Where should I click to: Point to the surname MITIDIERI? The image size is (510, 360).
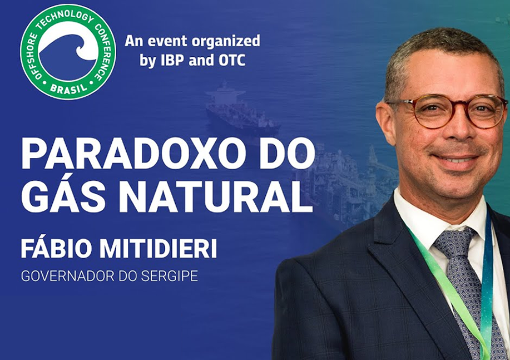click(x=158, y=249)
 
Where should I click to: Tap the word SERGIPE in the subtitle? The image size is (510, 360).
click(x=170, y=276)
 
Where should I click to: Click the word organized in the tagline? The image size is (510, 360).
click(x=226, y=42)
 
